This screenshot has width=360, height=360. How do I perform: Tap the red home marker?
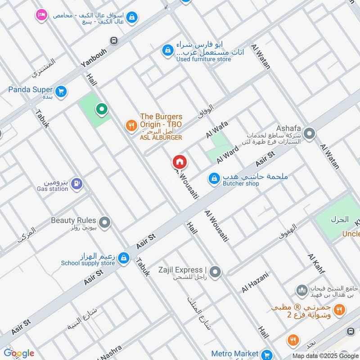tap(179, 162)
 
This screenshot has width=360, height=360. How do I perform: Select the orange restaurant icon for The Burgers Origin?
tap(131, 126)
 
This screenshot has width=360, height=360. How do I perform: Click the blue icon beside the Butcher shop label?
tap(214, 179)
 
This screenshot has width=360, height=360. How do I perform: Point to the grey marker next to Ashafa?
tap(309, 133)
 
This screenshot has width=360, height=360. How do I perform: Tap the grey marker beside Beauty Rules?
tap(105, 222)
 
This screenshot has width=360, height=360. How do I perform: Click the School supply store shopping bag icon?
tap(124, 258)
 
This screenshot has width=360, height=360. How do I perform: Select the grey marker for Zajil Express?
tap(216, 272)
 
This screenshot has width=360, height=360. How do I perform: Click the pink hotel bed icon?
tap(41, 15)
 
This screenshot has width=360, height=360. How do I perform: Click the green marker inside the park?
tap(102, 109)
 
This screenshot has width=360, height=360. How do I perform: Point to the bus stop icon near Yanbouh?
tap(114, 41)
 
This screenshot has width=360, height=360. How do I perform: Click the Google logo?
tap(19, 353)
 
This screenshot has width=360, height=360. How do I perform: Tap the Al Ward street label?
tap(227, 154)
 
